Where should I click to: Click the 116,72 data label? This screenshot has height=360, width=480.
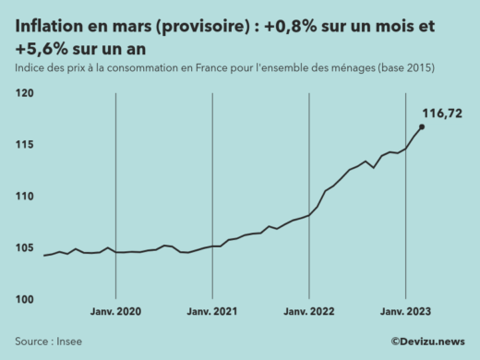tap(441, 113)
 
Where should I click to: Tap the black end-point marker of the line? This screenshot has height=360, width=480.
tap(422, 127)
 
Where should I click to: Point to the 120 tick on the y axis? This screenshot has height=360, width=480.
tap(24, 93)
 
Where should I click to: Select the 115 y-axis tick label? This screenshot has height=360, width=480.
tap(24, 145)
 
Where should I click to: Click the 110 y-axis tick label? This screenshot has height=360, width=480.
tap(24, 197)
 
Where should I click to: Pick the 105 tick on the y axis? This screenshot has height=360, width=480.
tap(24, 247)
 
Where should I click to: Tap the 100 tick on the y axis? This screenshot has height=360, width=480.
tap(24, 299)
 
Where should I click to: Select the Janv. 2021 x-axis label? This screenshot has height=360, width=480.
tap(212, 312)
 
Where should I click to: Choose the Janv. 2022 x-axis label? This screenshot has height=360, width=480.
tap(309, 312)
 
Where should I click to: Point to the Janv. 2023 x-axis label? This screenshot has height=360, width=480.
tap(406, 312)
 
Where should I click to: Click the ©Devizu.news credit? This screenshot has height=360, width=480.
tap(427, 341)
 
